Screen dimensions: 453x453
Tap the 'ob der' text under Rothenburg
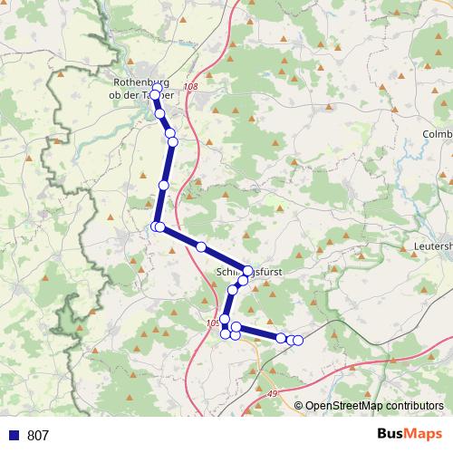coord(125,94)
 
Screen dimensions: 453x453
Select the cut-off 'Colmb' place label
coord(437,134)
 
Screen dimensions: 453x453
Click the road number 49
coord(273,392)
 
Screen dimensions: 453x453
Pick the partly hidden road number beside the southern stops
coord(213,322)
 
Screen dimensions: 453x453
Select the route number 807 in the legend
coord(38,436)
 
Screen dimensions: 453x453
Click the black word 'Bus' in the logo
coord(391,435)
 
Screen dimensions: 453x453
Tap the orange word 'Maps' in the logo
coord(424,435)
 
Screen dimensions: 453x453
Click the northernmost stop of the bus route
coord(155,94)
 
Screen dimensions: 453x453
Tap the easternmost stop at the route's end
coord(298,340)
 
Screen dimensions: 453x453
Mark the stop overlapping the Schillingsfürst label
coord(247,270)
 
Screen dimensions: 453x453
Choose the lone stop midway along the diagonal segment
coord(201,246)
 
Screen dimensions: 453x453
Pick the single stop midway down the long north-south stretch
coord(163,185)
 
